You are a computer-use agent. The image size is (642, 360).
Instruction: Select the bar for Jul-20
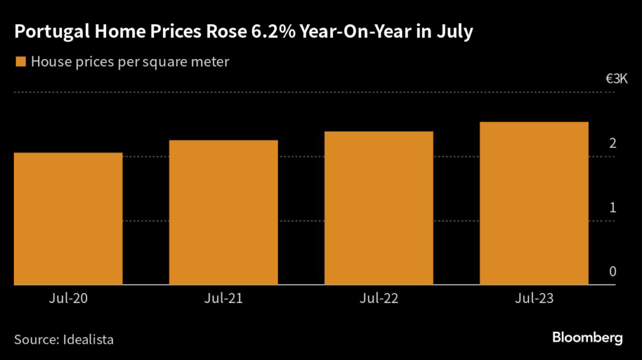pos(68,219)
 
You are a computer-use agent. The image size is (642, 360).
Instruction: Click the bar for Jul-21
pos(223,213)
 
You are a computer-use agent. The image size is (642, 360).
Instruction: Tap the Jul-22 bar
pos(379,208)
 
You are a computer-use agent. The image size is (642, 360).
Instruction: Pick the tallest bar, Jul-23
pos(534,203)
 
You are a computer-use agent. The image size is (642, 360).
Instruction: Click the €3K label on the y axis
pos(616,79)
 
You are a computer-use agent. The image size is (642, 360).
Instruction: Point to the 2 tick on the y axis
pos(613,144)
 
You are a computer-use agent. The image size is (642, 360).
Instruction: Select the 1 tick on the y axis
pos(613,208)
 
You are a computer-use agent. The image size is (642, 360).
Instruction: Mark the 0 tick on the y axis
pos(613,272)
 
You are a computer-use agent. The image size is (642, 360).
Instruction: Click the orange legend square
pos(20,61)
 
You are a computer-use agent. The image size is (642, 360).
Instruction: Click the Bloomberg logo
pos(587,338)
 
